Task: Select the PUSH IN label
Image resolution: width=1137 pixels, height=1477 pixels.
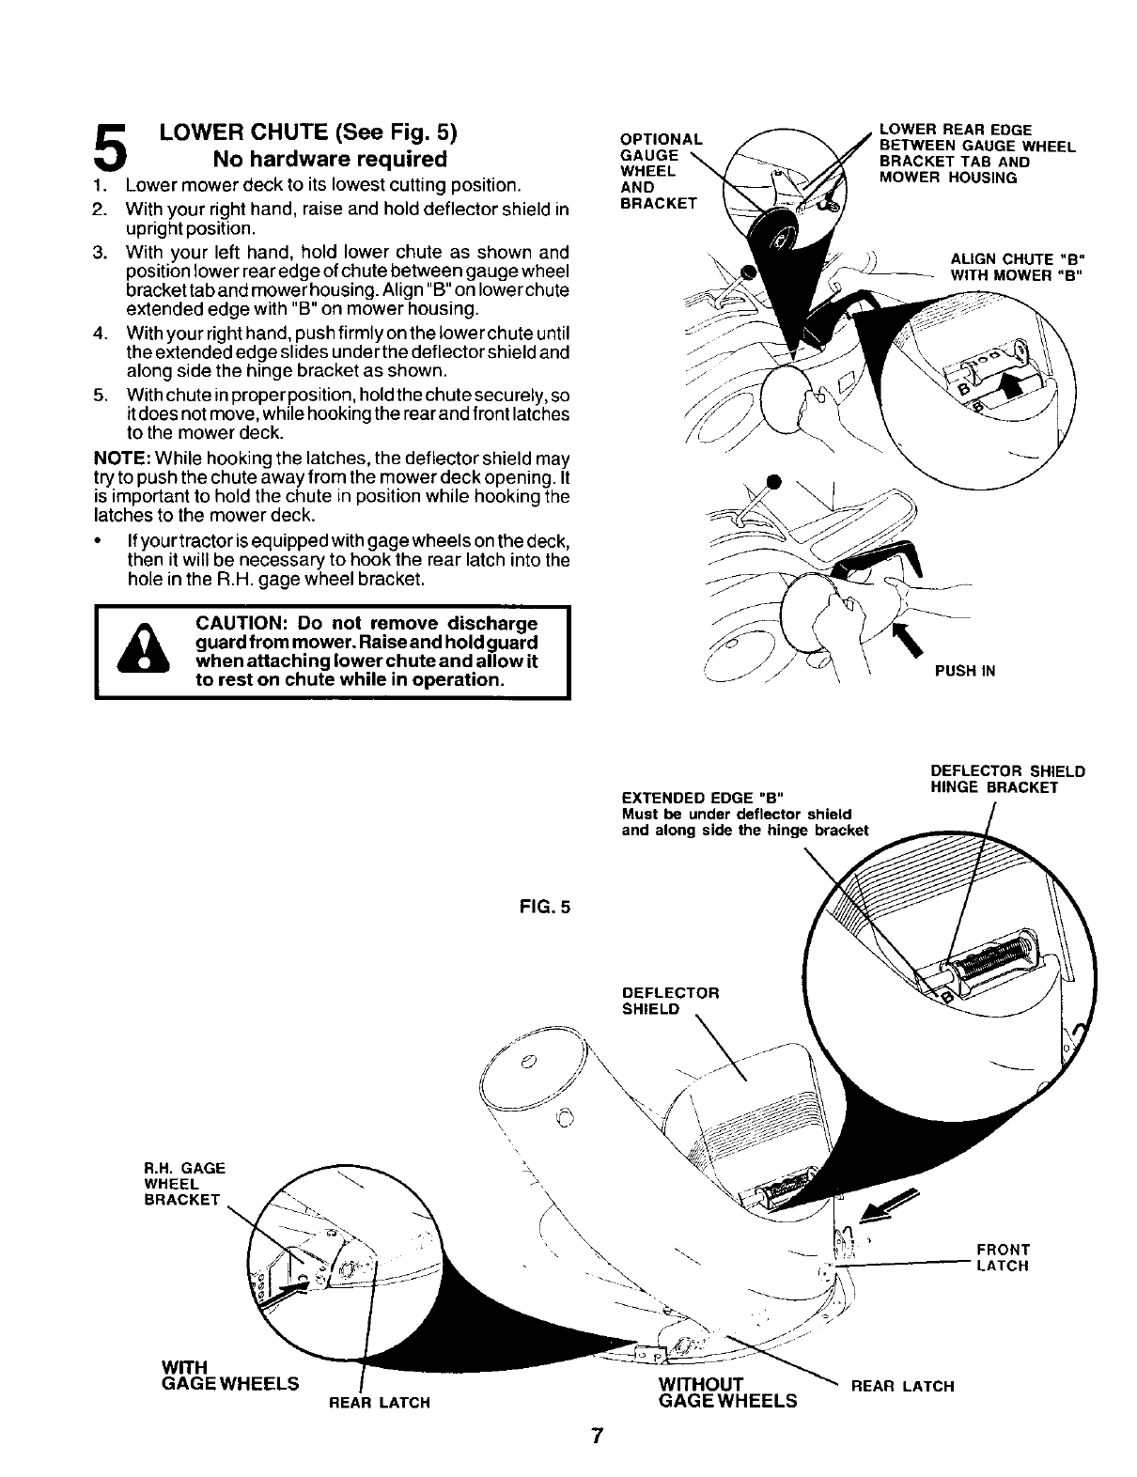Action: [964, 671]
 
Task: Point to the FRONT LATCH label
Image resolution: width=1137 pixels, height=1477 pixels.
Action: [1004, 1257]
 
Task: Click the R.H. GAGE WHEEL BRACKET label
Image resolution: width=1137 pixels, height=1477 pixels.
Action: [185, 1184]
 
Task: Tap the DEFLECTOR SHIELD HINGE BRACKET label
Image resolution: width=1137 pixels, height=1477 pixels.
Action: [1007, 779]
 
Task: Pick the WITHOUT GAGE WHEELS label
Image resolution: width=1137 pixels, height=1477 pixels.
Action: [726, 1392]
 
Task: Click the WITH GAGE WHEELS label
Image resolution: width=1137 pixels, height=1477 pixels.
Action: [230, 1374]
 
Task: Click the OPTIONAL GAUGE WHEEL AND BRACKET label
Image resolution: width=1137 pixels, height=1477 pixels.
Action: [657, 169]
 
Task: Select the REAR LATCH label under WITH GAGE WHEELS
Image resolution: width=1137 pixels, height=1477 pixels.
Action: [379, 1403]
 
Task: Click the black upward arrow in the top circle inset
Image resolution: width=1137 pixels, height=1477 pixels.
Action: [1013, 381]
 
